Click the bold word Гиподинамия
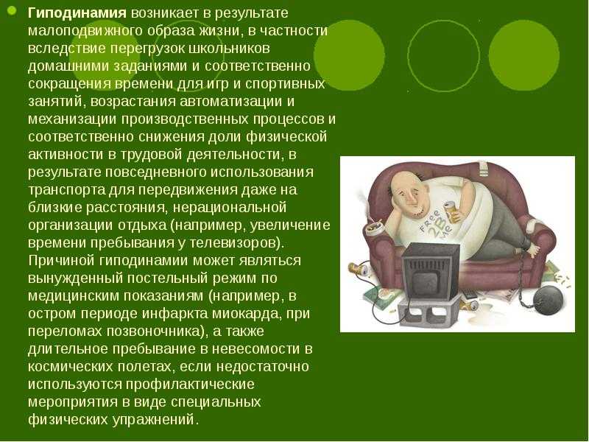click(77, 13)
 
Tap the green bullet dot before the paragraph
click(11, 10)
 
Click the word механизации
click(72, 119)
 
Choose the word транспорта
click(66, 190)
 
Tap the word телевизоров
click(231, 243)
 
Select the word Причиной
click(62, 261)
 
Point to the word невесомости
click(255, 348)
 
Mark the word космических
click(69, 366)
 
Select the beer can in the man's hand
click(452, 211)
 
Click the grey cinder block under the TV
click(429, 309)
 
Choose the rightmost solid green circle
click(524, 55)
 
